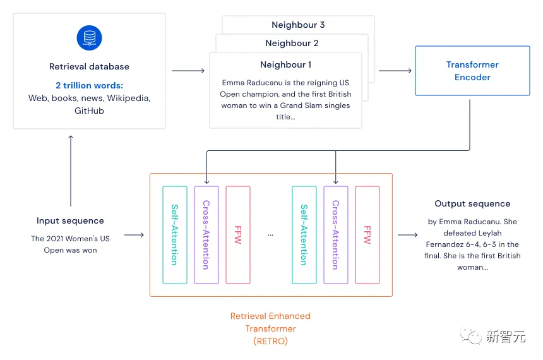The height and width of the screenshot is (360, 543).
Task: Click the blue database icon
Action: pos(89,37)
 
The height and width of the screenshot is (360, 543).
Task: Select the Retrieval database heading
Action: pos(89,66)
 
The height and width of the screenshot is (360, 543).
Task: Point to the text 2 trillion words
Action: pos(89,86)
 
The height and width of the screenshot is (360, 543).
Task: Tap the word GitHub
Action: pos(89,111)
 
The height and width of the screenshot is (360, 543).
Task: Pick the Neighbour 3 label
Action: pos(298,25)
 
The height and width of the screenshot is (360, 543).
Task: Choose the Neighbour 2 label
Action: pos(292,44)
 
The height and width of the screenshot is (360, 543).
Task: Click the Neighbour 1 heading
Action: pos(285,64)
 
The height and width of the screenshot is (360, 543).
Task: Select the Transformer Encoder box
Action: pos(472,71)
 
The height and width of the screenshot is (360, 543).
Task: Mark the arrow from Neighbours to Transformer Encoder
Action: pos(395,71)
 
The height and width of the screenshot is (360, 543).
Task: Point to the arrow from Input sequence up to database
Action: pos(70,171)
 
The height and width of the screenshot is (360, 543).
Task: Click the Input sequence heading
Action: pos(70,221)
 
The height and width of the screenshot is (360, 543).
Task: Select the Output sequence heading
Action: pos(472,204)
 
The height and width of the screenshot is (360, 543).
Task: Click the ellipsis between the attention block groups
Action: pos(271,234)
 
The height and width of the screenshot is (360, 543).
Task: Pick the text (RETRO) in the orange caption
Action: pos(270,341)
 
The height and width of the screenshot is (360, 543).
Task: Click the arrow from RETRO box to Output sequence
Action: pos(407,235)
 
